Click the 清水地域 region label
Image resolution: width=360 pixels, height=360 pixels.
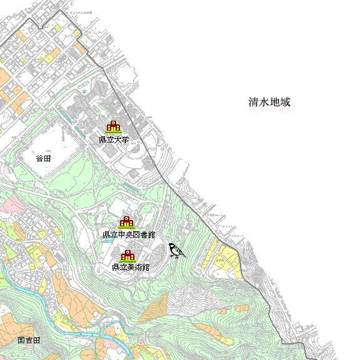(269, 103)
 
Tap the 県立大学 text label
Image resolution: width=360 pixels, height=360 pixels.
(114, 139)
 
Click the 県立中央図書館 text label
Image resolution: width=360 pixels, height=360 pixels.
(129, 234)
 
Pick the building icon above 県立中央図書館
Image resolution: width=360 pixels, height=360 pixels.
(127, 222)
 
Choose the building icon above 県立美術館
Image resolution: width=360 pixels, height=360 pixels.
(128, 255)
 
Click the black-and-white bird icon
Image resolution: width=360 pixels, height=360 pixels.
(177, 251)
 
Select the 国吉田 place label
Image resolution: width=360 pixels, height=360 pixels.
(29, 341)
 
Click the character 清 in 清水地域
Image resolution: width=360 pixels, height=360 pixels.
(252, 103)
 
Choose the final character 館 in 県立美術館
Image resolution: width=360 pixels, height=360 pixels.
(146, 267)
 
